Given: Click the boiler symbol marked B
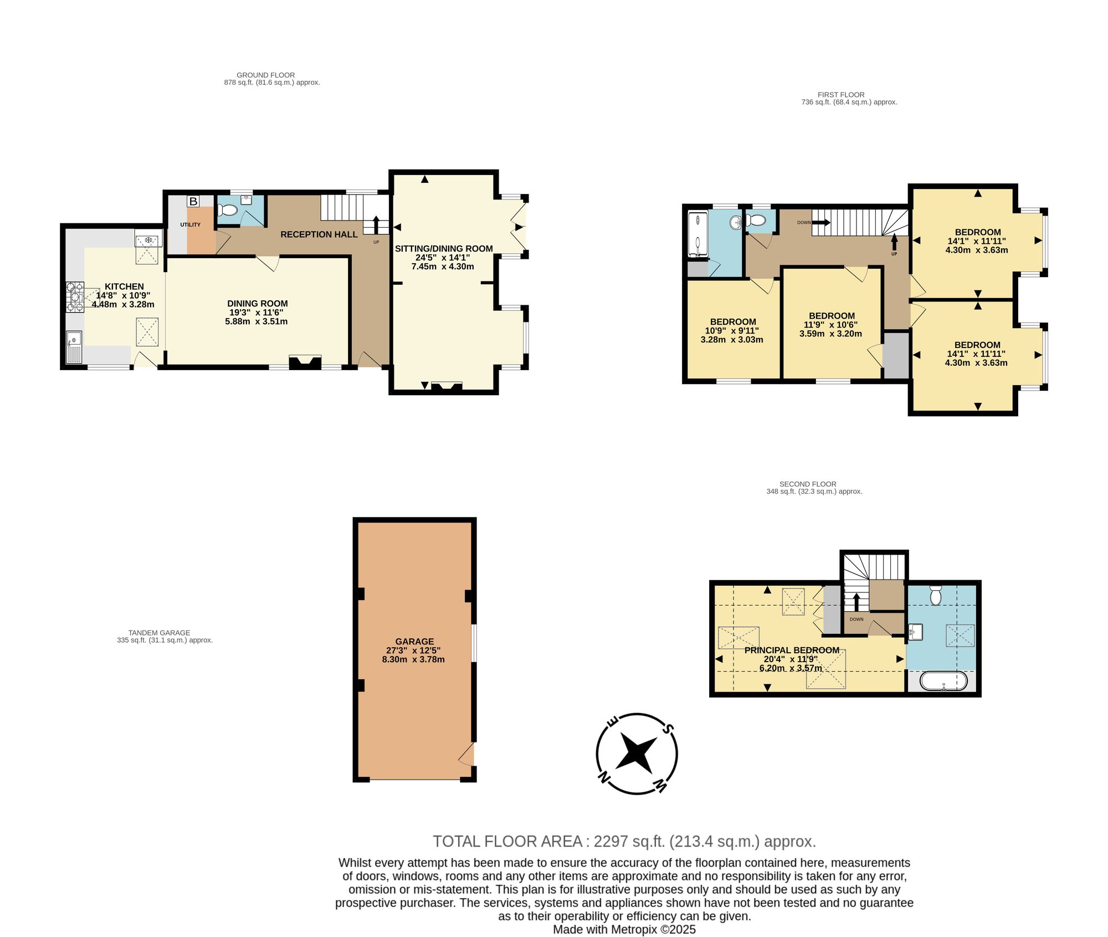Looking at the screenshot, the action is pos(193,201).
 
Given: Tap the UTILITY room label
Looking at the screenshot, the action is pos(190,224).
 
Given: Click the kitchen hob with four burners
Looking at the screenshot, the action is pos(75,298).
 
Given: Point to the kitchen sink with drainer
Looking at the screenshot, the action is pos(74,347).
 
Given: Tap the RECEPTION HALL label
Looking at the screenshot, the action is pos(319,234).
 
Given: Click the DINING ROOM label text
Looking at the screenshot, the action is pos(258,304).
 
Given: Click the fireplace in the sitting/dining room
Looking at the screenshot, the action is pos(447,387).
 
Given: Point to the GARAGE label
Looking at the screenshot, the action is pos(414,641).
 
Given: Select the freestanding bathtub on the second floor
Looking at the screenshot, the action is pos(943,681).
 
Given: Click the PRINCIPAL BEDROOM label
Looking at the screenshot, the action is pos(792,650).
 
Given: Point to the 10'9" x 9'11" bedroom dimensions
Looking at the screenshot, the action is pos(732,331).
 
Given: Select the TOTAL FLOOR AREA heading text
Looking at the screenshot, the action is pos(507,841).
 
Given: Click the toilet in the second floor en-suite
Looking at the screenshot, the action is pos(936,595).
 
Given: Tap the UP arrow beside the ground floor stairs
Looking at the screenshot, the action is pos(377,224).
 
